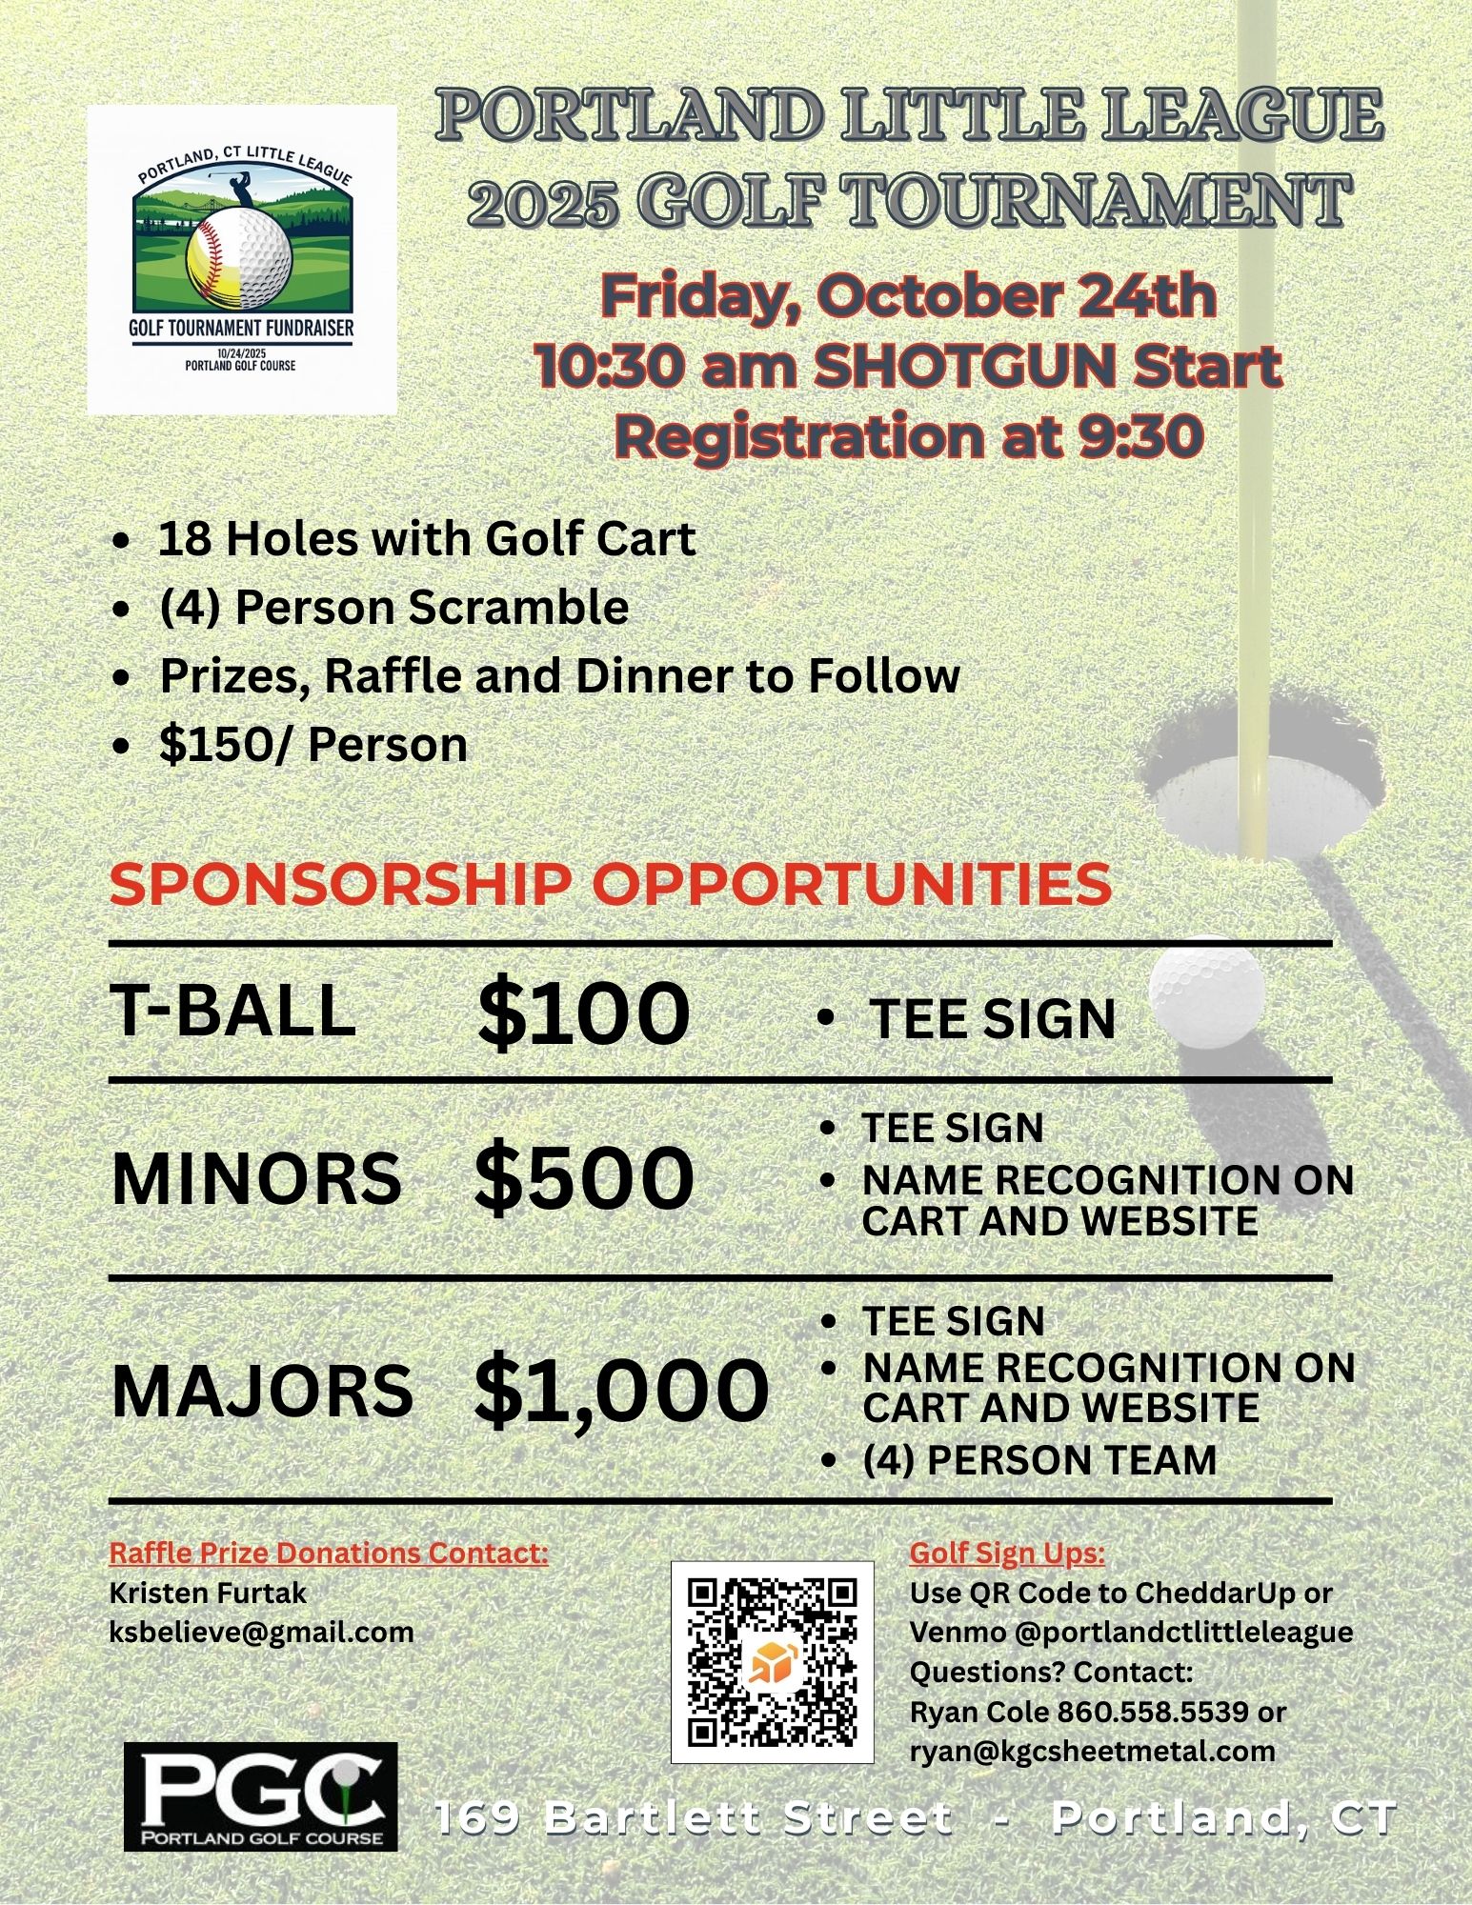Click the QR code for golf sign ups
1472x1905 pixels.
(x=772, y=1662)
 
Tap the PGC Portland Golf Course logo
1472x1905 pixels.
(x=260, y=1796)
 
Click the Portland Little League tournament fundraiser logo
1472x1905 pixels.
(x=242, y=259)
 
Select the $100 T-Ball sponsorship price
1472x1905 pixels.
(x=583, y=1013)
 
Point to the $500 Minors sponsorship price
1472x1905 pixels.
(x=583, y=1178)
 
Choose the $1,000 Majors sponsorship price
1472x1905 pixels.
(x=620, y=1390)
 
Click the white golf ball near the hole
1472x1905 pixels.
(x=1206, y=992)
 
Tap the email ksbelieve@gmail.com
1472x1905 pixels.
(x=262, y=1633)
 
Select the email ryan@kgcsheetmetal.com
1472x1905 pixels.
(x=1093, y=1751)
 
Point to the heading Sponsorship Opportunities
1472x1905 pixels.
(x=611, y=884)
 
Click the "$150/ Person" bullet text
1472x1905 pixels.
(x=313, y=745)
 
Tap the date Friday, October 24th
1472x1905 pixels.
(x=908, y=296)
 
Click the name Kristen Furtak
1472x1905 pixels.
(x=209, y=1593)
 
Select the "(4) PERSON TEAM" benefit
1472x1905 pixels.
(x=1038, y=1460)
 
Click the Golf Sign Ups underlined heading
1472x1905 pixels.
(x=1007, y=1554)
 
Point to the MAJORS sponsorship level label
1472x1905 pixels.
(x=262, y=1390)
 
